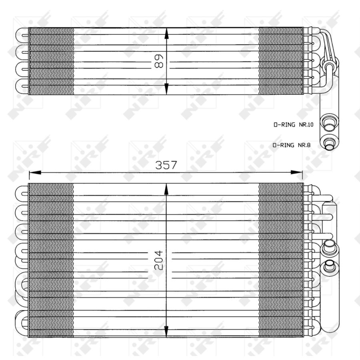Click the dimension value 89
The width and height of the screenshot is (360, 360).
tap(159, 61)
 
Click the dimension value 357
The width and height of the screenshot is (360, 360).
tap(166, 165)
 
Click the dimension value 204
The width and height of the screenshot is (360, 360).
tap(158, 260)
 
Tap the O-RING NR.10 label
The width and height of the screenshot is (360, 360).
tap(293, 125)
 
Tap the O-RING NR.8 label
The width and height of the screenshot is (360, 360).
tap(292, 145)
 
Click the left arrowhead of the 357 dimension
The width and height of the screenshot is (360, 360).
tap(35, 172)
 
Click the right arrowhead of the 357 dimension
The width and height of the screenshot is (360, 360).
tap(297, 172)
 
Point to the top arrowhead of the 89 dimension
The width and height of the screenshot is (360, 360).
tap(166, 34)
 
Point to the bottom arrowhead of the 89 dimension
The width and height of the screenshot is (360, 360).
tap(166, 89)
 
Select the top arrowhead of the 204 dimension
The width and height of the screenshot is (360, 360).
tap(166, 190)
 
